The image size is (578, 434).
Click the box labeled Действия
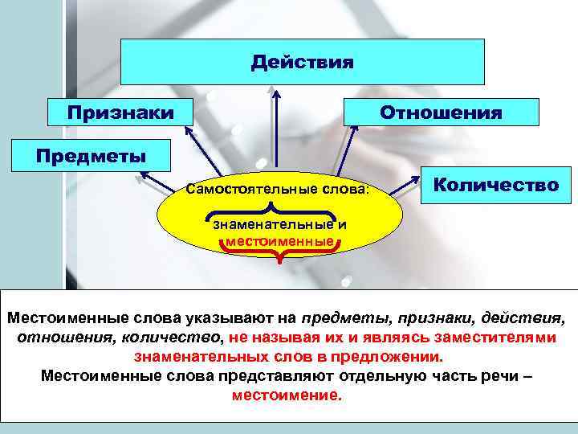click(x=302, y=61)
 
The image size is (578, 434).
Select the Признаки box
click(x=120, y=112)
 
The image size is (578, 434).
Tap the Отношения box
click(x=441, y=112)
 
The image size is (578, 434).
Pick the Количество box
click(x=495, y=185)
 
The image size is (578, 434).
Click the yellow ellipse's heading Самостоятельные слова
click(x=275, y=191)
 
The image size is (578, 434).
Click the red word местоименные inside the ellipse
click(x=279, y=240)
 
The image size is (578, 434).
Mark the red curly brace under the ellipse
click(x=279, y=256)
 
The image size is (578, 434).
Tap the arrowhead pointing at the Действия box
click(x=275, y=93)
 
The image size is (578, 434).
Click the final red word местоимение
click(x=286, y=396)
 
